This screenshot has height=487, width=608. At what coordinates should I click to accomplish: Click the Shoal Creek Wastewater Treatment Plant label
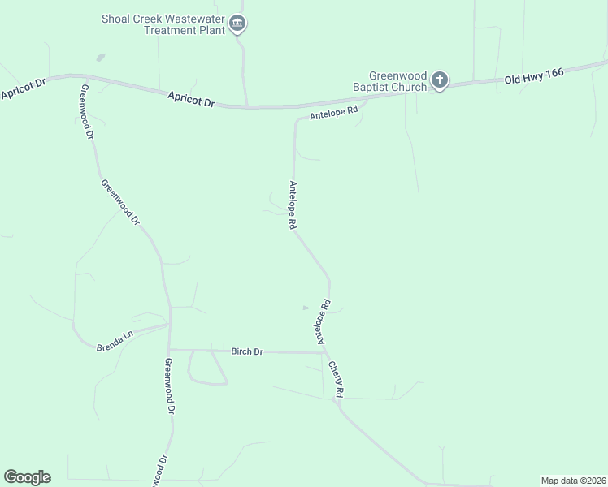click(162, 24)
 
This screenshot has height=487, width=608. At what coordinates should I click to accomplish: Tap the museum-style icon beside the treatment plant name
click(237, 24)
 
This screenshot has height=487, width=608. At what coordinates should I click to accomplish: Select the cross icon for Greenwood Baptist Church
click(439, 80)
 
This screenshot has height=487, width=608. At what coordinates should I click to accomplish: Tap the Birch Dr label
click(247, 351)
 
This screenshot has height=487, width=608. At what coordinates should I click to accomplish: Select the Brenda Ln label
click(115, 339)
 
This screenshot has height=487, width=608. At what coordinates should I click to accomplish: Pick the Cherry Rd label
click(337, 379)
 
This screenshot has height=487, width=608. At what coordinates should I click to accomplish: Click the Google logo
click(27, 477)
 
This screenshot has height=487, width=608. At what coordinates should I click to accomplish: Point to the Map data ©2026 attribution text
click(573, 481)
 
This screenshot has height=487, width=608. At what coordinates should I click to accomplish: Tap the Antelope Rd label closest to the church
click(333, 113)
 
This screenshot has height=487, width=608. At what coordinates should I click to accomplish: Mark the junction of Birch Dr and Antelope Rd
click(324, 352)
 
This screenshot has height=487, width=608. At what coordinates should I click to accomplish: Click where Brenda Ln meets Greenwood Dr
click(169, 325)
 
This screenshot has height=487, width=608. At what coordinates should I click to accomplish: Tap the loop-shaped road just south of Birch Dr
click(208, 372)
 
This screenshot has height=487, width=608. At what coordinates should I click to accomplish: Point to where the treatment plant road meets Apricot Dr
click(246, 106)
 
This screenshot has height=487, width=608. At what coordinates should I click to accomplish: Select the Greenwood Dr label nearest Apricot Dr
click(85, 113)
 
